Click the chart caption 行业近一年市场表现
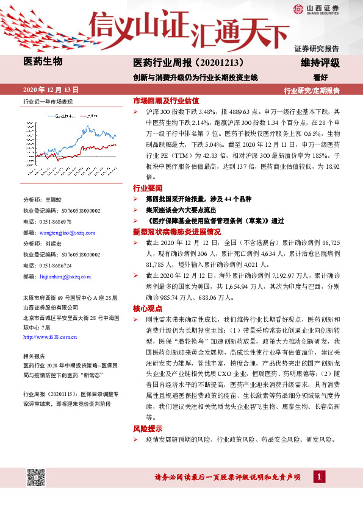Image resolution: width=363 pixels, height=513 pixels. (48, 102)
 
